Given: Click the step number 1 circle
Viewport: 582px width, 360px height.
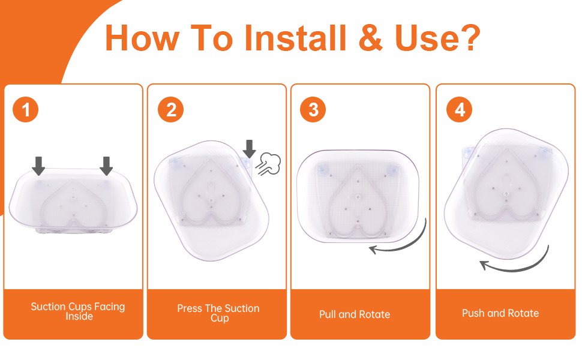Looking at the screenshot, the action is coord(26,109).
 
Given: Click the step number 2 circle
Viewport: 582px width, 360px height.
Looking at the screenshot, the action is coord(171,109).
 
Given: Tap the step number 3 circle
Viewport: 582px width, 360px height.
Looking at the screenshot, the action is coord(313,109).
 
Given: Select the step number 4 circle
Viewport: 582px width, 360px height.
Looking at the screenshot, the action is coord(459,109).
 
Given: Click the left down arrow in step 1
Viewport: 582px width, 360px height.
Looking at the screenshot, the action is coord(38,166).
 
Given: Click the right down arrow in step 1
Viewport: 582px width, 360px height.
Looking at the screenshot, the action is coord(106,166).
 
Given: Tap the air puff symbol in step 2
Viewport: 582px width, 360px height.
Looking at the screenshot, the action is coord(268,164).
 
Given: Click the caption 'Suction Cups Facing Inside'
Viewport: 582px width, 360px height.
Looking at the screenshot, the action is coord(78,311).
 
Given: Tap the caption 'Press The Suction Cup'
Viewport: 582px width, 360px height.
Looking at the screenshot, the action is coord(218,313).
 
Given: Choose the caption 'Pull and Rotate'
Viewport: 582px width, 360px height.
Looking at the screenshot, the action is coord(355,314).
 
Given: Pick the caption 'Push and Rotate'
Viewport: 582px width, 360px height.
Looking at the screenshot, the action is coord(500,313).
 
